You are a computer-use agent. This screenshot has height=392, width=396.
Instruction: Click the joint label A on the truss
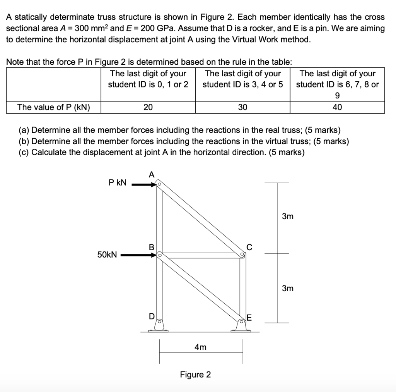[152, 175]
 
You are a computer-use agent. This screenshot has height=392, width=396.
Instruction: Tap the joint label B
[152, 246]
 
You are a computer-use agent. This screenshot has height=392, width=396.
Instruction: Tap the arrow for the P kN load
[143, 185]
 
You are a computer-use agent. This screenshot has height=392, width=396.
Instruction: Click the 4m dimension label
[200, 347]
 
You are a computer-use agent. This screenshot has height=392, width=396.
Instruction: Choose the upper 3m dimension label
[287, 217]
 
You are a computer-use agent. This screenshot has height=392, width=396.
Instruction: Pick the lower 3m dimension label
[287, 288]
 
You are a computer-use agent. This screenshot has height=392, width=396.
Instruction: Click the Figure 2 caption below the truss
[195, 375]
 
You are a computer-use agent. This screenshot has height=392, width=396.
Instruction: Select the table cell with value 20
[148, 108]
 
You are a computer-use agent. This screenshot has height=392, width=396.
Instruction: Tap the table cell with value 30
[242, 108]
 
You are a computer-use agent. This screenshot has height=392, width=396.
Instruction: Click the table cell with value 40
[337, 108]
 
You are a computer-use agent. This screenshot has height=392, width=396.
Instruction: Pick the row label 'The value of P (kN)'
[54, 108]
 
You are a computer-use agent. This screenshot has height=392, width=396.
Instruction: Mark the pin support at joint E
[242, 326]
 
